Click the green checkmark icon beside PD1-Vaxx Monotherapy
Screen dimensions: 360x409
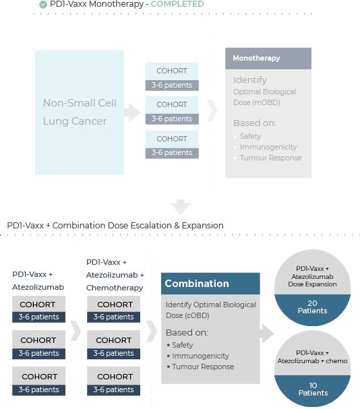(x=43, y=5)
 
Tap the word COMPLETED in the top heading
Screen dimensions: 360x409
(x=177, y=4)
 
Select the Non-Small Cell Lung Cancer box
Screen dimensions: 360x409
(x=80, y=113)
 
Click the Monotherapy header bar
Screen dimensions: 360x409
(x=268, y=58)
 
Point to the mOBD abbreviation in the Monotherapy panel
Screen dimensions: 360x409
(x=266, y=102)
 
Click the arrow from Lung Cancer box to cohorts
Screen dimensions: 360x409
(x=132, y=113)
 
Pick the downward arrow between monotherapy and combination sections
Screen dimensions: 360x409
(x=181, y=207)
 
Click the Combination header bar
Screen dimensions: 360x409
(x=210, y=284)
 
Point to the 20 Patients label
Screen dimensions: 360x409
(x=313, y=307)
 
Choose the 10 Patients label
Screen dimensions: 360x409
(x=313, y=389)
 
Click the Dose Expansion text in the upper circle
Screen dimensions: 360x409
(x=313, y=284)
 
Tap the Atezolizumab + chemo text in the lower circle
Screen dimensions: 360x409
(x=313, y=360)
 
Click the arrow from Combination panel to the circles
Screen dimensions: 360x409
(x=267, y=334)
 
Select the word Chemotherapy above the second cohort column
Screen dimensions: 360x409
(x=115, y=288)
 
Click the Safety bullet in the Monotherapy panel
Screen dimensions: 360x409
(x=250, y=136)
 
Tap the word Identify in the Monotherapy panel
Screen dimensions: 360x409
(x=250, y=80)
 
